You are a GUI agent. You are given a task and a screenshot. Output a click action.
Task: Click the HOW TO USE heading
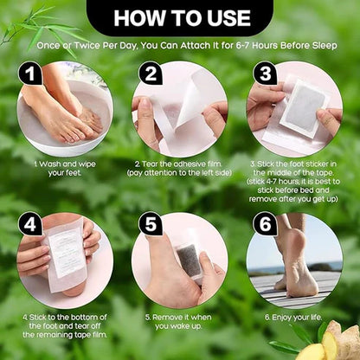click(x=179, y=16)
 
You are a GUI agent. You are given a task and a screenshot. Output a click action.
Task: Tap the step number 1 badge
click(x=32, y=75)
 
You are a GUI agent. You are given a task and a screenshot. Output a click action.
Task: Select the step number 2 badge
click(x=151, y=74)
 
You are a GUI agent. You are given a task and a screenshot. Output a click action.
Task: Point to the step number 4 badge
click(x=32, y=224)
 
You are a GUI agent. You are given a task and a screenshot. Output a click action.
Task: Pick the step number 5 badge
click(x=151, y=224)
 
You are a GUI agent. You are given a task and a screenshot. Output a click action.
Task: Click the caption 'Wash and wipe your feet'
click(x=63, y=167)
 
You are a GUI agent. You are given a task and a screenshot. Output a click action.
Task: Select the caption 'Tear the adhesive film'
click(x=179, y=167)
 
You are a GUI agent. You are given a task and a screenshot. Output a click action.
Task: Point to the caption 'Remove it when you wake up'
click(x=179, y=321)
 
